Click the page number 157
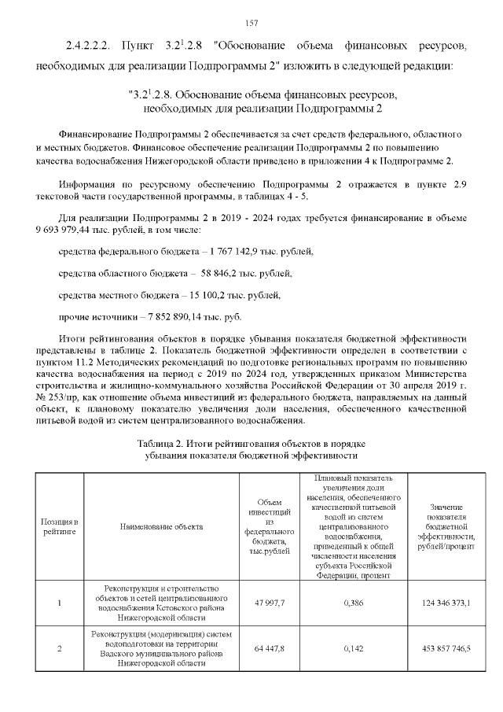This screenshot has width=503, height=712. [x=251, y=21]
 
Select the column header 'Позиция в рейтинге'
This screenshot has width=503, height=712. [x=60, y=526]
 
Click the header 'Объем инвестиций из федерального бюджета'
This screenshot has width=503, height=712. [x=270, y=526]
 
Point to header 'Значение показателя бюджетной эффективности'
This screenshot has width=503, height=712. [x=445, y=526]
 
